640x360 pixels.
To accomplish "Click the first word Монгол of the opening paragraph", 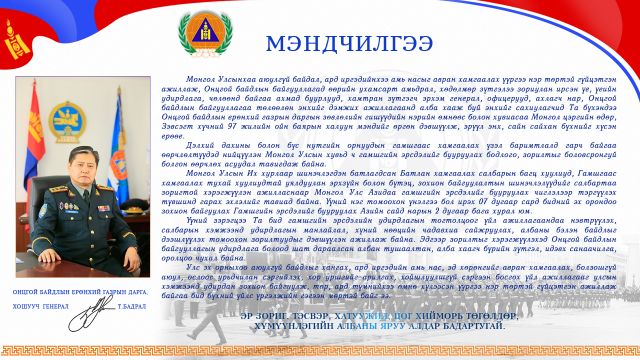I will click(200, 77).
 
